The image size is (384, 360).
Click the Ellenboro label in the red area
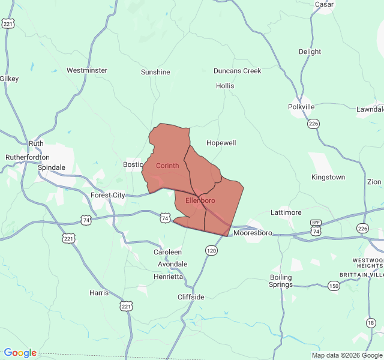pos(200,200)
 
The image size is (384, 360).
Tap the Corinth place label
pos(167,166)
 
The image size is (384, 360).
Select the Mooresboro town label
pos(253,233)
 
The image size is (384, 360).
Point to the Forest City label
pos(107,195)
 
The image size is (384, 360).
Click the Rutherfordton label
pos(28,157)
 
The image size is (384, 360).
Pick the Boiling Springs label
pos(281,281)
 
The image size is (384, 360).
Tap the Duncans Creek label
pos(238,71)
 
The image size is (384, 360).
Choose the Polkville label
pos(301,107)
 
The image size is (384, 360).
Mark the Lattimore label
pos(286,212)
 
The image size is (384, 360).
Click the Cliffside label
pos(191,297)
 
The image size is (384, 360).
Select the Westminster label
pos(87,70)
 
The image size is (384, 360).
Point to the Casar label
pos(324,4)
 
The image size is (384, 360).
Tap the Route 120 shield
pos(211,250)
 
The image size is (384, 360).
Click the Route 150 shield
pos(334,286)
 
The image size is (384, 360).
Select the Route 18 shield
pos(371,323)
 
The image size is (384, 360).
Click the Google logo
pos(20,353)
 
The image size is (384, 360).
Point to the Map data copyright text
pos(347,355)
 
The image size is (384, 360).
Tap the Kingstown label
pos(328,177)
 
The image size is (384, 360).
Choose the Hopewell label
pos(221,143)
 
